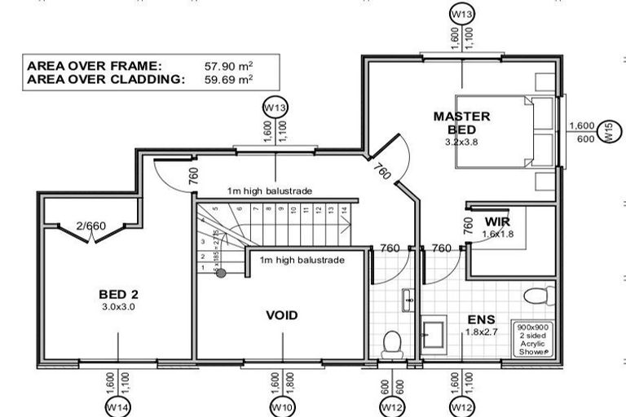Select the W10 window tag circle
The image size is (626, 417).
(282, 405)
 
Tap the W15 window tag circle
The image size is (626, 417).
(607, 132)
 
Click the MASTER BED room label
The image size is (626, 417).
(461, 122)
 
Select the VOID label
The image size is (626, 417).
(282, 315)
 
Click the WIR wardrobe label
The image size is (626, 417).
(497, 222)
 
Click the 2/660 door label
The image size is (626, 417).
(90, 226)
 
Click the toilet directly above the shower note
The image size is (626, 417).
(538, 295)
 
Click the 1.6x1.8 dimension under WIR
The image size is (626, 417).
(498, 234)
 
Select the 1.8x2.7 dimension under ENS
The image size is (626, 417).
(477, 331)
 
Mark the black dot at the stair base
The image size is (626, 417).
(220, 273)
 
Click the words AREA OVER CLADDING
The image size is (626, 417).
(106, 79)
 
